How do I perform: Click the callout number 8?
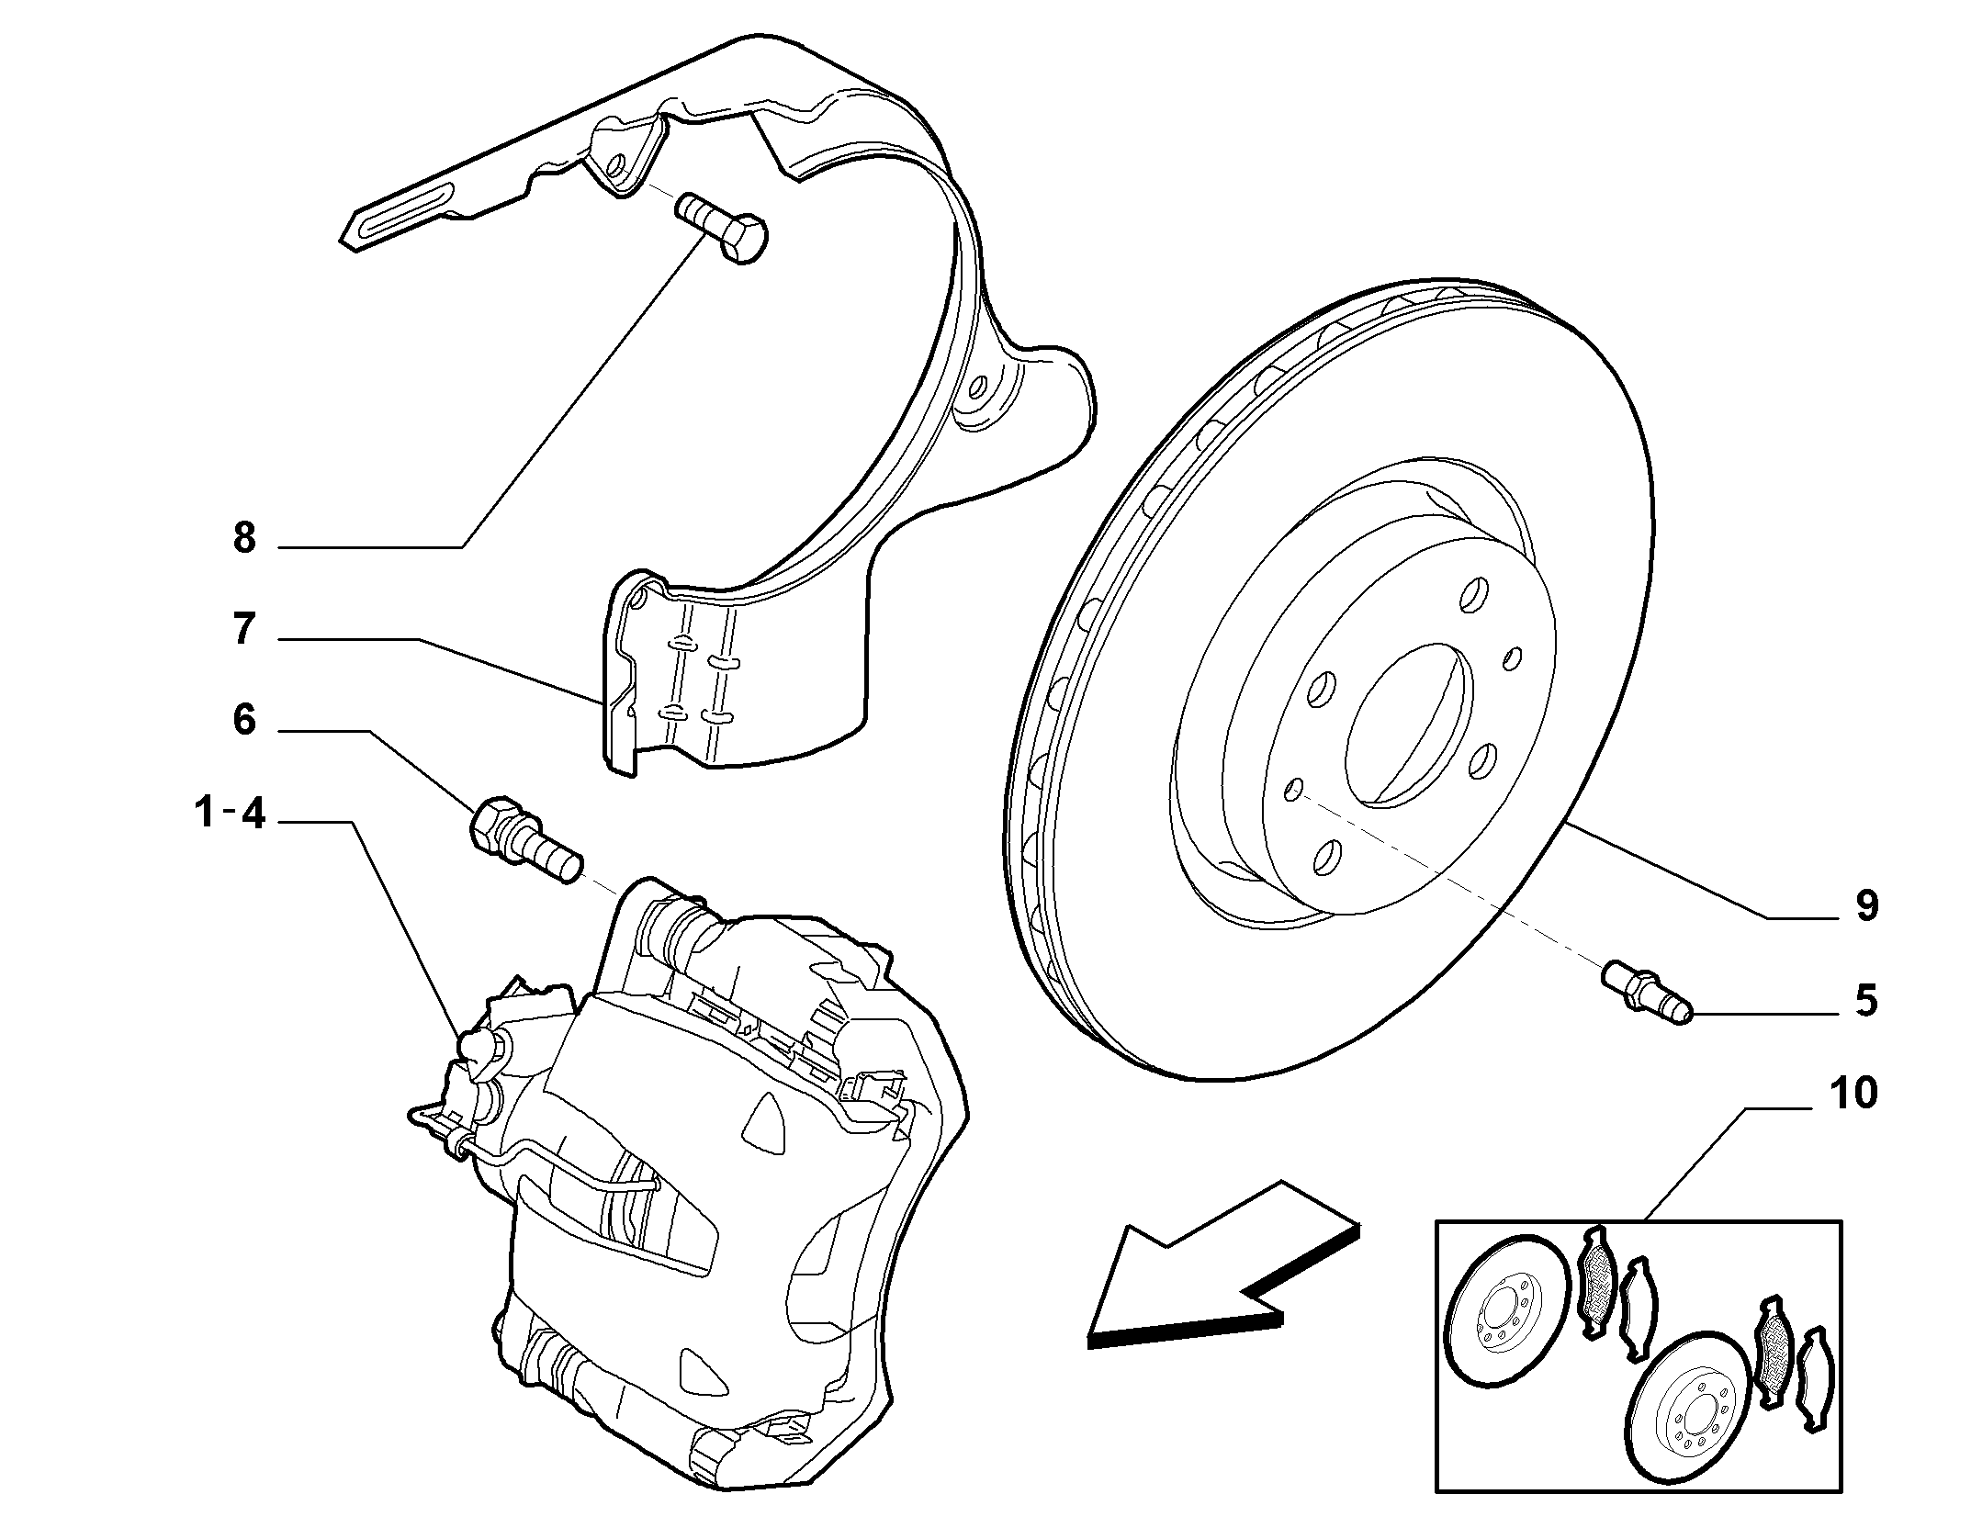(x=243, y=538)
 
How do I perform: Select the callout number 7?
(x=243, y=629)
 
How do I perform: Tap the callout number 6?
(x=243, y=720)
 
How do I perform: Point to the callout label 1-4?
(x=230, y=813)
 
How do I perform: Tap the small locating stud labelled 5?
(x=1649, y=997)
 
